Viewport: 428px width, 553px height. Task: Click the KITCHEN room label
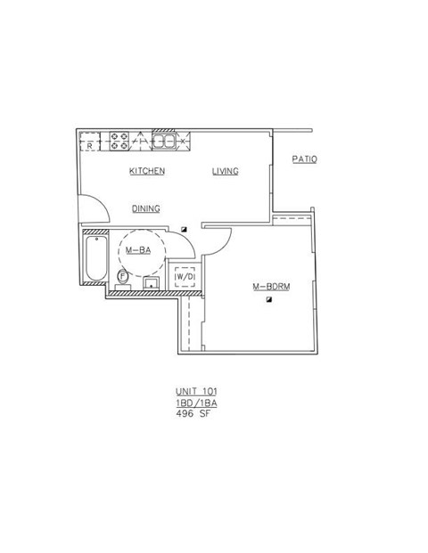click(x=147, y=171)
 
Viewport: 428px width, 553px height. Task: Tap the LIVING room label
click(x=225, y=171)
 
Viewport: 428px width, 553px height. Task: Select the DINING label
click(x=145, y=208)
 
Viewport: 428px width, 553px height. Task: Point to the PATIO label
click(x=305, y=159)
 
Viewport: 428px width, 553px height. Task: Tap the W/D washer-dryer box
click(x=185, y=277)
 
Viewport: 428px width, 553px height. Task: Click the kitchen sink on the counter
click(x=166, y=140)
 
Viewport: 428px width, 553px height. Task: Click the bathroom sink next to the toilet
click(x=151, y=283)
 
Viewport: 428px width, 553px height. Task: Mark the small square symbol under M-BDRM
click(x=268, y=302)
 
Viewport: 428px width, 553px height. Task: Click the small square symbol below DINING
click(x=185, y=229)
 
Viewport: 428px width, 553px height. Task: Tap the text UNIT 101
click(x=196, y=392)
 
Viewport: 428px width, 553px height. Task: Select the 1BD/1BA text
click(x=196, y=403)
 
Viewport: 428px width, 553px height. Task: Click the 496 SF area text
click(x=193, y=413)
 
